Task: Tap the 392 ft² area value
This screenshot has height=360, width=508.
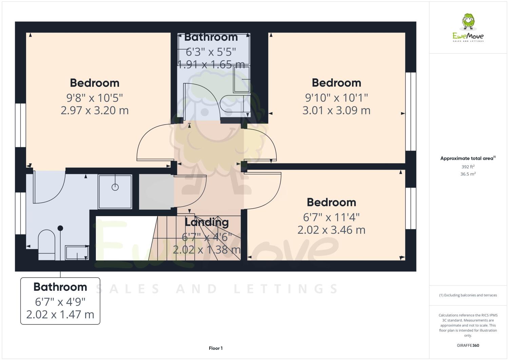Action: [468, 167]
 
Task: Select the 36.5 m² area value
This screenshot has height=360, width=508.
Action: [468, 174]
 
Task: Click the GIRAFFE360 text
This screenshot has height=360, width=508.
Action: [468, 345]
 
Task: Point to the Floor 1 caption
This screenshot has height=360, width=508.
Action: [216, 348]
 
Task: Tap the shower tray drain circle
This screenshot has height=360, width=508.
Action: [115, 187]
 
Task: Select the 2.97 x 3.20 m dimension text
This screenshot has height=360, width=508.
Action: [95, 110]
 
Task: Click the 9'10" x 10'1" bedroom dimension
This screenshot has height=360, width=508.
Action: [336, 98]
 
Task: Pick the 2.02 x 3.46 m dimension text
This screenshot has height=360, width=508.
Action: [331, 230]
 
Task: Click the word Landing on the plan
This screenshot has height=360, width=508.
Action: [207, 222]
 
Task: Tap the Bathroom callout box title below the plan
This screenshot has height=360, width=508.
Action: [60, 287]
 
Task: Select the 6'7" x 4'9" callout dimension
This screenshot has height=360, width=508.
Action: [60, 301]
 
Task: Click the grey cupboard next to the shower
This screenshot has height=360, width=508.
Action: [156, 192]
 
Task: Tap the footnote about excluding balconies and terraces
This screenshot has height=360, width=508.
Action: [468, 295]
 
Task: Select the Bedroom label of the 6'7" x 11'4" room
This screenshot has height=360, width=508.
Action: [331, 202]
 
